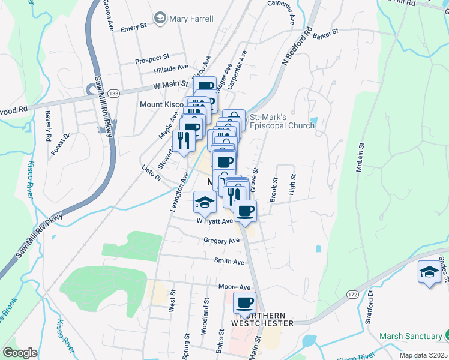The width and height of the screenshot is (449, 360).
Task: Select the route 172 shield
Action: [352, 295]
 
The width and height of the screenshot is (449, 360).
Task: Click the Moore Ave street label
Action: [234, 287]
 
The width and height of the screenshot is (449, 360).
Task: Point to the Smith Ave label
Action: [229, 262]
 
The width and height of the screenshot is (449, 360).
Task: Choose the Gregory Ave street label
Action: [221, 241]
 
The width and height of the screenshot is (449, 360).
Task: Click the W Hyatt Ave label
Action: [214, 221]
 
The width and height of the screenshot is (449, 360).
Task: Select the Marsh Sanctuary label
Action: [411, 335]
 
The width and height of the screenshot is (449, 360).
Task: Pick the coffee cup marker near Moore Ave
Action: [244, 303]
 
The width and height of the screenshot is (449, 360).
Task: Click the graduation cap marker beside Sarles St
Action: [429, 271]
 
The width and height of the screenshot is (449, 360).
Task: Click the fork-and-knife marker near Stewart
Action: [184, 141]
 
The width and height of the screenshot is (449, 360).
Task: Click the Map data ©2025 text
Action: [423, 355]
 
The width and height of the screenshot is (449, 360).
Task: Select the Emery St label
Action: [133, 28]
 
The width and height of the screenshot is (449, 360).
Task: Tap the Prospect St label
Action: [152, 59]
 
